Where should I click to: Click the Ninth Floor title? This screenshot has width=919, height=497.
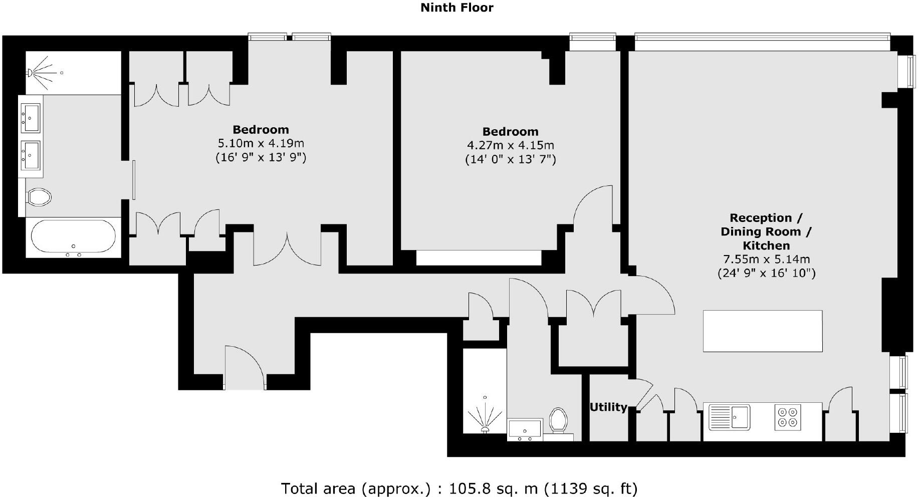coord(456,8)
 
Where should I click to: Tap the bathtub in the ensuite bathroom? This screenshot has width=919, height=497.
coord(73,237)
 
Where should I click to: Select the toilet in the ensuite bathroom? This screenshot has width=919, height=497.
coord(40,196)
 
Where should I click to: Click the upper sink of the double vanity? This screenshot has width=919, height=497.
coord(30,118)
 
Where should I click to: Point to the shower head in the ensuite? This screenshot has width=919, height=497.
coord(32,73)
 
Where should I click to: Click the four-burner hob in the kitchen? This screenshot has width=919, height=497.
coord(787,416)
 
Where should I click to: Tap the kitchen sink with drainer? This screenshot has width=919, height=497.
coord(730,416)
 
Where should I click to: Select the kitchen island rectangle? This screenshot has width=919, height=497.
coord(762,331)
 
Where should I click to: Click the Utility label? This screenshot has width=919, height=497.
coord(608,407)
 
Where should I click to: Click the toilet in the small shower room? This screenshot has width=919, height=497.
coord(558,420)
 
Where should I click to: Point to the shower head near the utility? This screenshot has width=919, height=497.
coord(485,428)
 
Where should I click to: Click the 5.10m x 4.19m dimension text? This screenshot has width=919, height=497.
coord(261,143)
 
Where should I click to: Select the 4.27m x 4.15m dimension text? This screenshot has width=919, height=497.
coord(510,145)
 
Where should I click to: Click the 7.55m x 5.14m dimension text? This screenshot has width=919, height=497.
coord(766,259)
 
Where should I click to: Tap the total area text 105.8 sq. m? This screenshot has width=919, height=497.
coord(458,488)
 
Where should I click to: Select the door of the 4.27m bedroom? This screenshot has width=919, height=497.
coord(593,205)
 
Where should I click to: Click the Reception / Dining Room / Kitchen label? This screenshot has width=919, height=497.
coord(766,231)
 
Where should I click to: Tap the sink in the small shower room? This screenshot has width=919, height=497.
coord(525,430)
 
